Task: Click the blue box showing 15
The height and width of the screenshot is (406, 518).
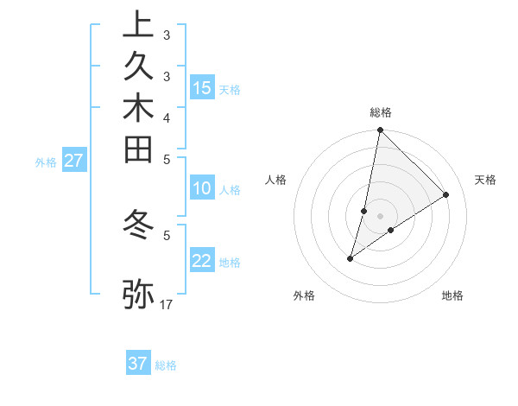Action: (x=202, y=88)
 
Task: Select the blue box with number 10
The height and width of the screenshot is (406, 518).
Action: (x=202, y=189)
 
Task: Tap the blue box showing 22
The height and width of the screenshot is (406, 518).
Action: (x=202, y=262)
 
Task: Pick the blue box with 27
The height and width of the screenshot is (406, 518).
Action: (x=74, y=161)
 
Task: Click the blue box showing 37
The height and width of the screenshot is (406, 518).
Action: (x=138, y=364)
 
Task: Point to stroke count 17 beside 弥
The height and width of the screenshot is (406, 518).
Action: (x=167, y=304)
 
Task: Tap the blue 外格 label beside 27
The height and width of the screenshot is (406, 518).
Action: (x=46, y=162)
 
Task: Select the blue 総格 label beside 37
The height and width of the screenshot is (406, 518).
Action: (x=167, y=365)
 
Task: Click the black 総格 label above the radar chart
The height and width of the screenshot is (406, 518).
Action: (x=381, y=112)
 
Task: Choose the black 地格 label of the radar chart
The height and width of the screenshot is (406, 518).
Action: (x=452, y=295)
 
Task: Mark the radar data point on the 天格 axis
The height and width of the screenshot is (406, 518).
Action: (x=446, y=195)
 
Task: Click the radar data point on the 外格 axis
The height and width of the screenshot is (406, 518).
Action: (x=351, y=258)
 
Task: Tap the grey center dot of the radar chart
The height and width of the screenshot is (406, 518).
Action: (x=381, y=215)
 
